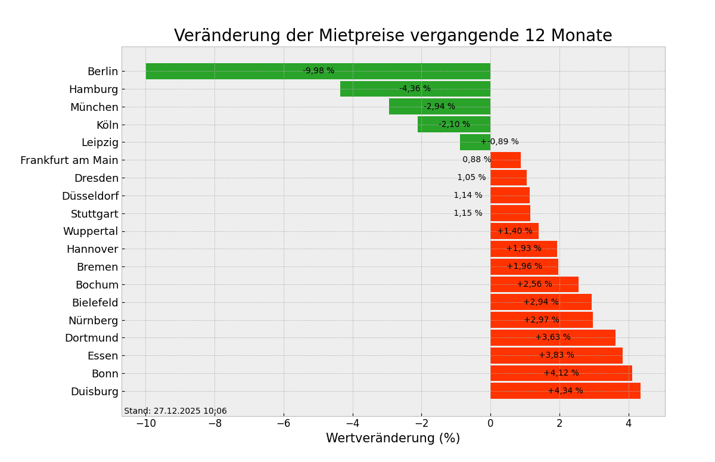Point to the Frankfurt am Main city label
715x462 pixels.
pos(69,160)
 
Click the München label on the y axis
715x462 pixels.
pos(94,107)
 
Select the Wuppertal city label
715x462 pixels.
pos(91,231)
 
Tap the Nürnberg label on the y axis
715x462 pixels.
pos(93,321)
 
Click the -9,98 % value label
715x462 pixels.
pos(318,71)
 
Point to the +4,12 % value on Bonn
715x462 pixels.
pos(561,373)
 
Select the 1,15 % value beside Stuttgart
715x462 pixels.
pos(468,213)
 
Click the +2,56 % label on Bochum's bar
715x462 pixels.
pos(534,284)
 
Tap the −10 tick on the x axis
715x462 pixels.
pos(145,423)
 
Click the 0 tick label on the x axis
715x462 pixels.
pos(490,423)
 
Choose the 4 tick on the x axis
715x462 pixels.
pos(629,423)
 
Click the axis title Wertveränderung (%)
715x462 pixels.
pos(393,439)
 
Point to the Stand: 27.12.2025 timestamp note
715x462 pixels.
pos(175,411)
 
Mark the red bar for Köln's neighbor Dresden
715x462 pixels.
pos(508,178)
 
